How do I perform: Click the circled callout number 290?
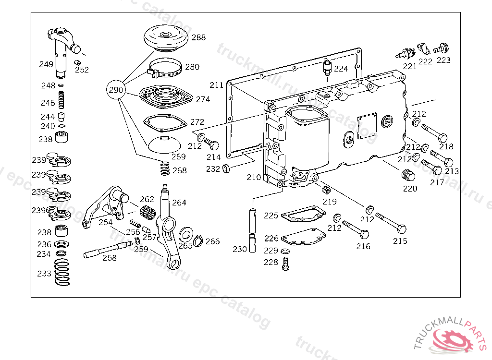pyautogui.click(x=116, y=89)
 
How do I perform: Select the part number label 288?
pyautogui.click(x=198, y=37)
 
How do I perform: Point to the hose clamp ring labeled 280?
pyautogui.click(x=164, y=69)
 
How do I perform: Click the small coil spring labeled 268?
pyautogui.click(x=164, y=168)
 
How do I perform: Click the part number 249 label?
pyautogui.click(x=46, y=64)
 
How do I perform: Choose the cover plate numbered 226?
pyautogui.click(x=301, y=237)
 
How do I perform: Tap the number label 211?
pyautogui.click(x=216, y=85)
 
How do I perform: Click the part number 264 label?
pyautogui.click(x=179, y=203)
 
